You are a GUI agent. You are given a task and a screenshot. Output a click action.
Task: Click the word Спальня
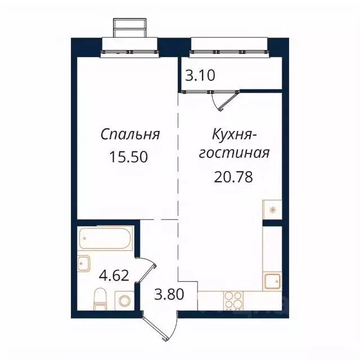130,135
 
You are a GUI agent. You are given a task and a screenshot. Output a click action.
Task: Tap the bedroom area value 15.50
130,157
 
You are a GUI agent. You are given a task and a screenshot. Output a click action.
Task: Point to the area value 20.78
233,177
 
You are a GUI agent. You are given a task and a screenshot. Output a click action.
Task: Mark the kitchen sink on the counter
272,281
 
